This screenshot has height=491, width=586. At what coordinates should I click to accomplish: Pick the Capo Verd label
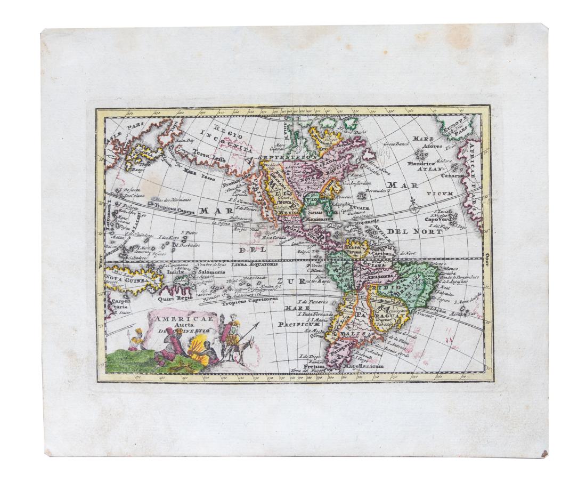pyautogui.click(x=438, y=219)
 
